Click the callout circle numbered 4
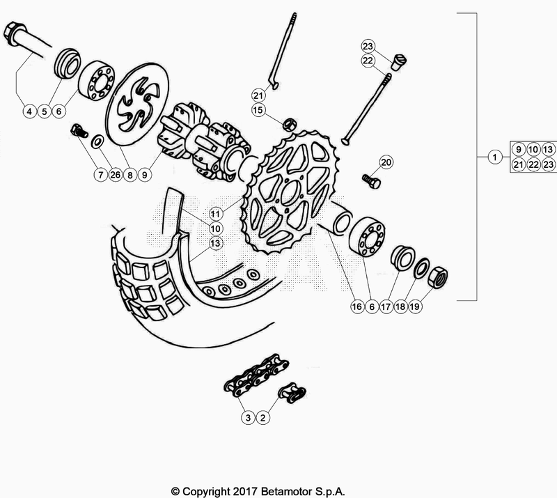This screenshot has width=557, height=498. pos(29,111)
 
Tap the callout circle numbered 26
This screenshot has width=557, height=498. pos(113,176)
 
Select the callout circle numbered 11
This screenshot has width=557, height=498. pos(216,212)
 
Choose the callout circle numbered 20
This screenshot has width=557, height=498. pos(386,162)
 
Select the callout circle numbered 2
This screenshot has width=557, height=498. pos(263,418)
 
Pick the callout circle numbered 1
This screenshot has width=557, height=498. pos(494,157)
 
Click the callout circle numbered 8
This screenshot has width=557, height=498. pos(130,176)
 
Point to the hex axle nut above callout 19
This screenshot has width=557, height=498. pos(437,277)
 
